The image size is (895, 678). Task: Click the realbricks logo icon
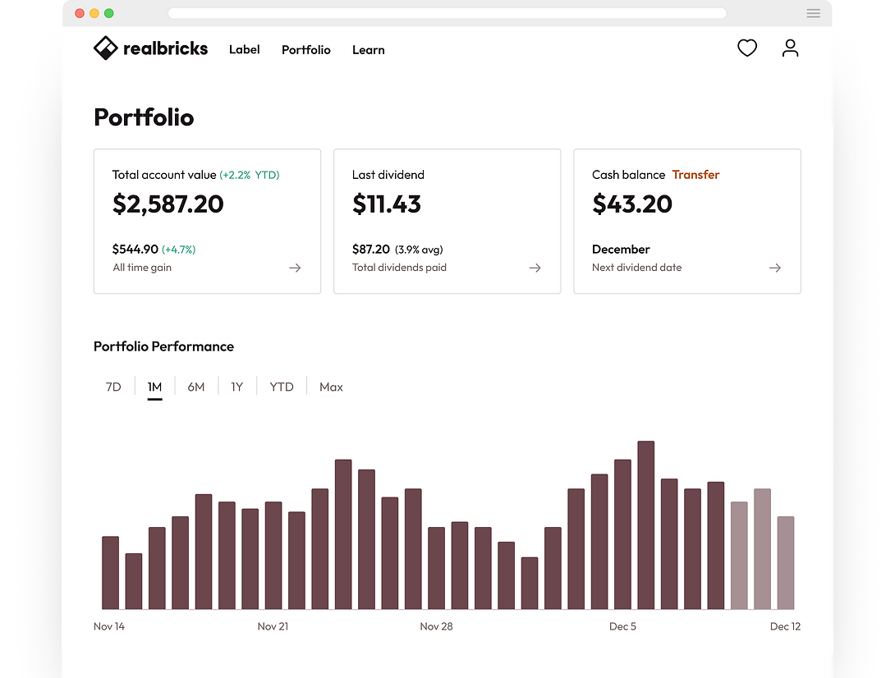click(106, 48)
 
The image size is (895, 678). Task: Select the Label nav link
click(244, 50)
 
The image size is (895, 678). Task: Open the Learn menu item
click(368, 50)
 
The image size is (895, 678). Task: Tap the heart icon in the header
click(746, 48)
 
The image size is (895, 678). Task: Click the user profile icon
click(790, 48)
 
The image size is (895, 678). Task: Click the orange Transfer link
click(695, 175)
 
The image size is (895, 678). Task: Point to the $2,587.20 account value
click(168, 204)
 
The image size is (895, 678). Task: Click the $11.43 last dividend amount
click(387, 204)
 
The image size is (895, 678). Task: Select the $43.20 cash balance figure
click(631, 204)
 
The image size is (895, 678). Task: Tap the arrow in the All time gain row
click(295, 268)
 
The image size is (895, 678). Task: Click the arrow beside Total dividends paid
click(535, 268)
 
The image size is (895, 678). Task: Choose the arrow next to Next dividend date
click(774, 268)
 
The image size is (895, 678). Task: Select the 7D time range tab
click(113, 387)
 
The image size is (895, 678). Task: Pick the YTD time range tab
click(282, 387)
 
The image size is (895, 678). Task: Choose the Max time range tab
click(331, 387)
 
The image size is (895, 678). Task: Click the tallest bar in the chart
click(645, 525)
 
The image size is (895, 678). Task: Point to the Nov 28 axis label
click(436, 626)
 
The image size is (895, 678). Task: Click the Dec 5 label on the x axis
click(622, 626)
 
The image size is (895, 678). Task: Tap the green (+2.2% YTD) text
click(250, 175)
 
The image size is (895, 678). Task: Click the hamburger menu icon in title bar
click(813, 13)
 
